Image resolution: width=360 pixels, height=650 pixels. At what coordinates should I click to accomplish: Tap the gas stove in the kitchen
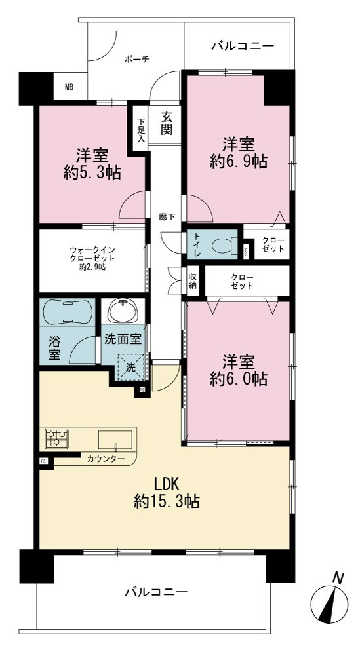[x=57, y=439]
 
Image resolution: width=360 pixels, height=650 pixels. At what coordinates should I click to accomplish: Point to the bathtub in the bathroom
[x=67, y=312]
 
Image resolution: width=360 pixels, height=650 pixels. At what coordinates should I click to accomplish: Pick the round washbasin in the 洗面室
[x=123, y=311]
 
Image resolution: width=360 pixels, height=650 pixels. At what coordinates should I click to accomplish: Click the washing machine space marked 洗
[x=130, y=366]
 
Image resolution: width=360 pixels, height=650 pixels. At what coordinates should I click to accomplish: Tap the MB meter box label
[x=70, y=87]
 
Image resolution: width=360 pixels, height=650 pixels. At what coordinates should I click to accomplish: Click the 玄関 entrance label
[x=167, y=123]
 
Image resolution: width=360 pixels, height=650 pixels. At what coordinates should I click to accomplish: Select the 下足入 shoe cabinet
[x=141, y=130]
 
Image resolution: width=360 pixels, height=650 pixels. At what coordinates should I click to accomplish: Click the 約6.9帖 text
[x=238, y=161]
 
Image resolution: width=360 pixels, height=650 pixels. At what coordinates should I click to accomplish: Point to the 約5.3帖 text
[x=92, y=172]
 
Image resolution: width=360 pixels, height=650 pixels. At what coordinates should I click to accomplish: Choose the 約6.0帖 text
[x=238, y=379]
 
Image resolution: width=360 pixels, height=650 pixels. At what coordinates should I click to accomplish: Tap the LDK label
[x=166, y=484]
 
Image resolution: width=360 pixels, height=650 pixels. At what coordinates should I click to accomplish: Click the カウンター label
[x=106, y=459]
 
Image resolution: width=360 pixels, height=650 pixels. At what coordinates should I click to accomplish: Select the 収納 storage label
[x=193, y=282]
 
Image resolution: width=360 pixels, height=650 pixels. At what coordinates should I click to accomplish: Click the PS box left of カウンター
[x=43, y=461]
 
